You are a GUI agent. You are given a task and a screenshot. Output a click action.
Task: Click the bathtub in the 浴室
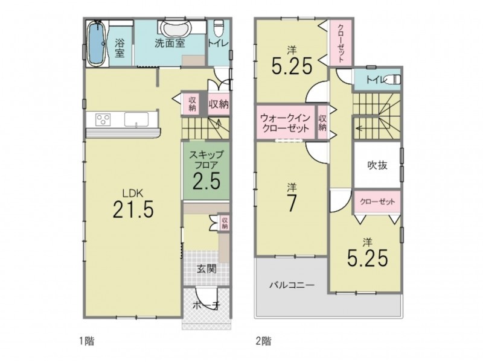coord(97,43)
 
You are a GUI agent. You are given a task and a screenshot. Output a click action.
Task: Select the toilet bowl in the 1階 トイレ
coord(219,28)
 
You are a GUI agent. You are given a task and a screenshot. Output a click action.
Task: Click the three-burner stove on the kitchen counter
coord(103,119)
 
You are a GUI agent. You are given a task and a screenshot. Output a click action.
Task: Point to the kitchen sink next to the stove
coord(136,119)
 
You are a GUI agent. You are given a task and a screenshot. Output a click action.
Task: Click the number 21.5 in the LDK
coord(133,209)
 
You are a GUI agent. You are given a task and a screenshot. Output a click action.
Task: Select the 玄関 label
coord(206,269)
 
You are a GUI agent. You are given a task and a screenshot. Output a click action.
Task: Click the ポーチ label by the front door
coord(206,305)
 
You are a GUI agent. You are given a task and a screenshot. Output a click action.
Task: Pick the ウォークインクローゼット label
coord(285,123)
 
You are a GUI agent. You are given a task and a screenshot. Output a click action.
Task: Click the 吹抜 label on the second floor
coord(377,165)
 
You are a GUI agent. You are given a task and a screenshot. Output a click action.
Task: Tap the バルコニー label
coord(292,285)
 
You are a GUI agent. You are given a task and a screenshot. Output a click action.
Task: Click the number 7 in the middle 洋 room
coord(292,203)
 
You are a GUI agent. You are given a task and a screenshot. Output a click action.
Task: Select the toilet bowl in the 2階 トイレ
coord(394,80)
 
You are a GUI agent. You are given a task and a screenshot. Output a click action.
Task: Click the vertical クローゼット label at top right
coord(341,43)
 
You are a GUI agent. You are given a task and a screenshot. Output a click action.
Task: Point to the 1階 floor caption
coord(87,341)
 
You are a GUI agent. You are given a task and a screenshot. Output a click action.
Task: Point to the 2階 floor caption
coord(264,341)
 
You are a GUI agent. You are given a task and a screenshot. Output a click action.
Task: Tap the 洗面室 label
coord(170,43)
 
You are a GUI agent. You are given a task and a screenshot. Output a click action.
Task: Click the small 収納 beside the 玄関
coord(225,223)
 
